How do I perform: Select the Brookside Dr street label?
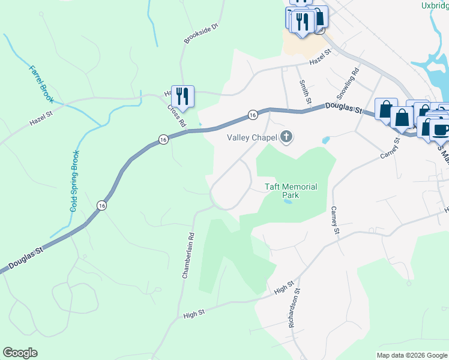coord(200,34)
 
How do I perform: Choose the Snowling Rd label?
coord(348,83)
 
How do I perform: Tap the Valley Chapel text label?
coord(252,137)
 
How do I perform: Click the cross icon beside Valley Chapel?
coord(286,137)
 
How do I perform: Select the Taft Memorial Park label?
coord(291,191)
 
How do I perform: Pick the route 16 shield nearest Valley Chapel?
coord(253,114)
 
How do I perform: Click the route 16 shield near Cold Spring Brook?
coord(101,205)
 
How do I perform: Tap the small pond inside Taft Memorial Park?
coord(289,202)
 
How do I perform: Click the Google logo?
coord(20,353)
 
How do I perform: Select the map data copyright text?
coord(412,355)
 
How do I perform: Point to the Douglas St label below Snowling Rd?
coord(345,109)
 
